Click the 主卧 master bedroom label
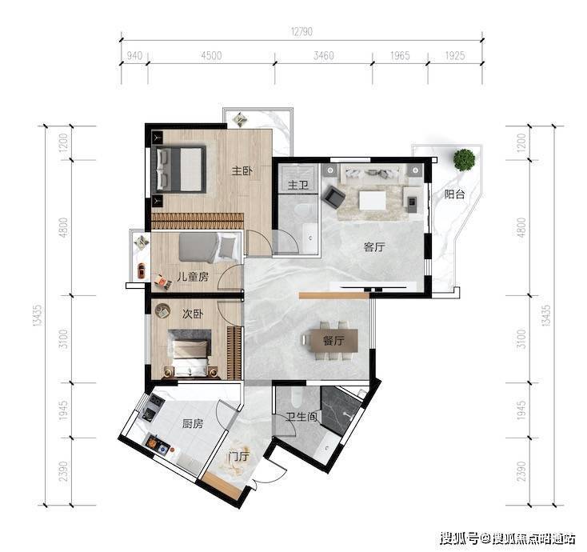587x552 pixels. tap(242, 171)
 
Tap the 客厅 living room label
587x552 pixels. tap(374, 246)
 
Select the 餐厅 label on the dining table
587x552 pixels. tap(333, 341)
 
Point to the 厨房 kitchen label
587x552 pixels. tap(193, 423)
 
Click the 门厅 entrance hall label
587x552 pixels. tap(239, 457)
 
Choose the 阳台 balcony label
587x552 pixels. tap(454, 194)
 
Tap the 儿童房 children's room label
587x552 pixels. tap(193, 277)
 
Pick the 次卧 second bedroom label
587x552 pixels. tap(193, 314)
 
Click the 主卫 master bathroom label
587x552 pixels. tap(298, 185)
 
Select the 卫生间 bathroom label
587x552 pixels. tap(301, 417)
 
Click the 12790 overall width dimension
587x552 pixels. tap(301, 31)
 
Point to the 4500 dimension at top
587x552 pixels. tap(211, 56)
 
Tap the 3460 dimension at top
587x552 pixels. tap(323, 56)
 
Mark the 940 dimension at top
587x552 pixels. tap(134, 56)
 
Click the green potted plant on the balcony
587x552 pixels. tap(464, 159)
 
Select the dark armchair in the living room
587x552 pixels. tap(334, 197)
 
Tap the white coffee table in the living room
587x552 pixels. tap(372, 200)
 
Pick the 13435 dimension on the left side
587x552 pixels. tap(37, 316)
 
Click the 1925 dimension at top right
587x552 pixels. tap(455, 56)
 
